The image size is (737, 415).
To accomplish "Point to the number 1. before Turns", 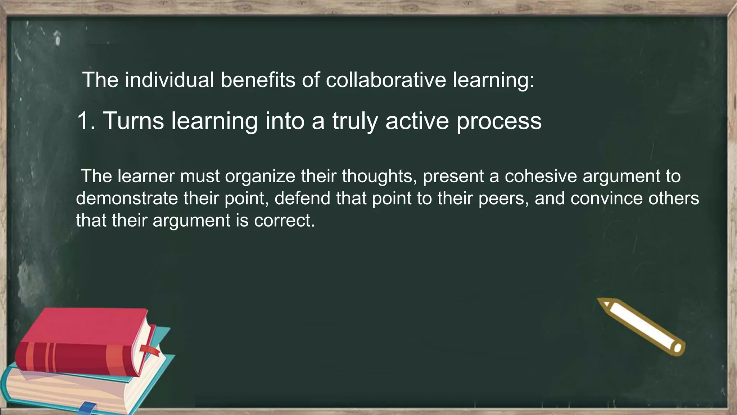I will [86, 121].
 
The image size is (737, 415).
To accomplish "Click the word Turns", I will [134, 121].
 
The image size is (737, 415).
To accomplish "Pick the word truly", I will [355, 121].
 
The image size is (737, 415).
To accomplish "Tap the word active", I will [417, 121].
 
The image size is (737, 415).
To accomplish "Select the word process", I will [499, 121].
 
